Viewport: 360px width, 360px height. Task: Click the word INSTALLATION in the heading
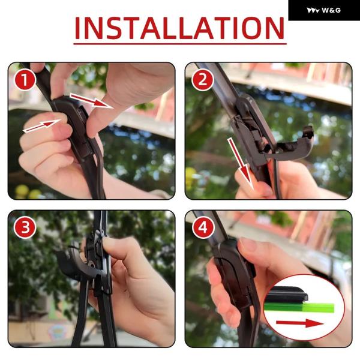click(x=179, y=28)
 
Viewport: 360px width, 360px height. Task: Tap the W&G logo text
click(x=331, y=10)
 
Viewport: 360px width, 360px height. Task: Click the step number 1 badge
click(x=25, y=80)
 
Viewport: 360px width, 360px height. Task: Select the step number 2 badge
click(x=203, y=80)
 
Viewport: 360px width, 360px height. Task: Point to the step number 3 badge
click(x=25, y=228)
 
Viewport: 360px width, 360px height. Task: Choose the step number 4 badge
click(x=203, y=228)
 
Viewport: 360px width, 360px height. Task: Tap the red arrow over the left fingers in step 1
click(x=42, y=126)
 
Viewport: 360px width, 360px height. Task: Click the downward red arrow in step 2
click(x=241, y=164)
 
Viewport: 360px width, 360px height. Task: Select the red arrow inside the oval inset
click(x=300, y=323)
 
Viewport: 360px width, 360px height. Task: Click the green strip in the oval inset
click(x=299, y=308)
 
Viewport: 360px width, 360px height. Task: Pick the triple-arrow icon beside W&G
click(x=313, y=11)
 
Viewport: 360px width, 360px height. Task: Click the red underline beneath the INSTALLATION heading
click(x=180, y=43)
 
